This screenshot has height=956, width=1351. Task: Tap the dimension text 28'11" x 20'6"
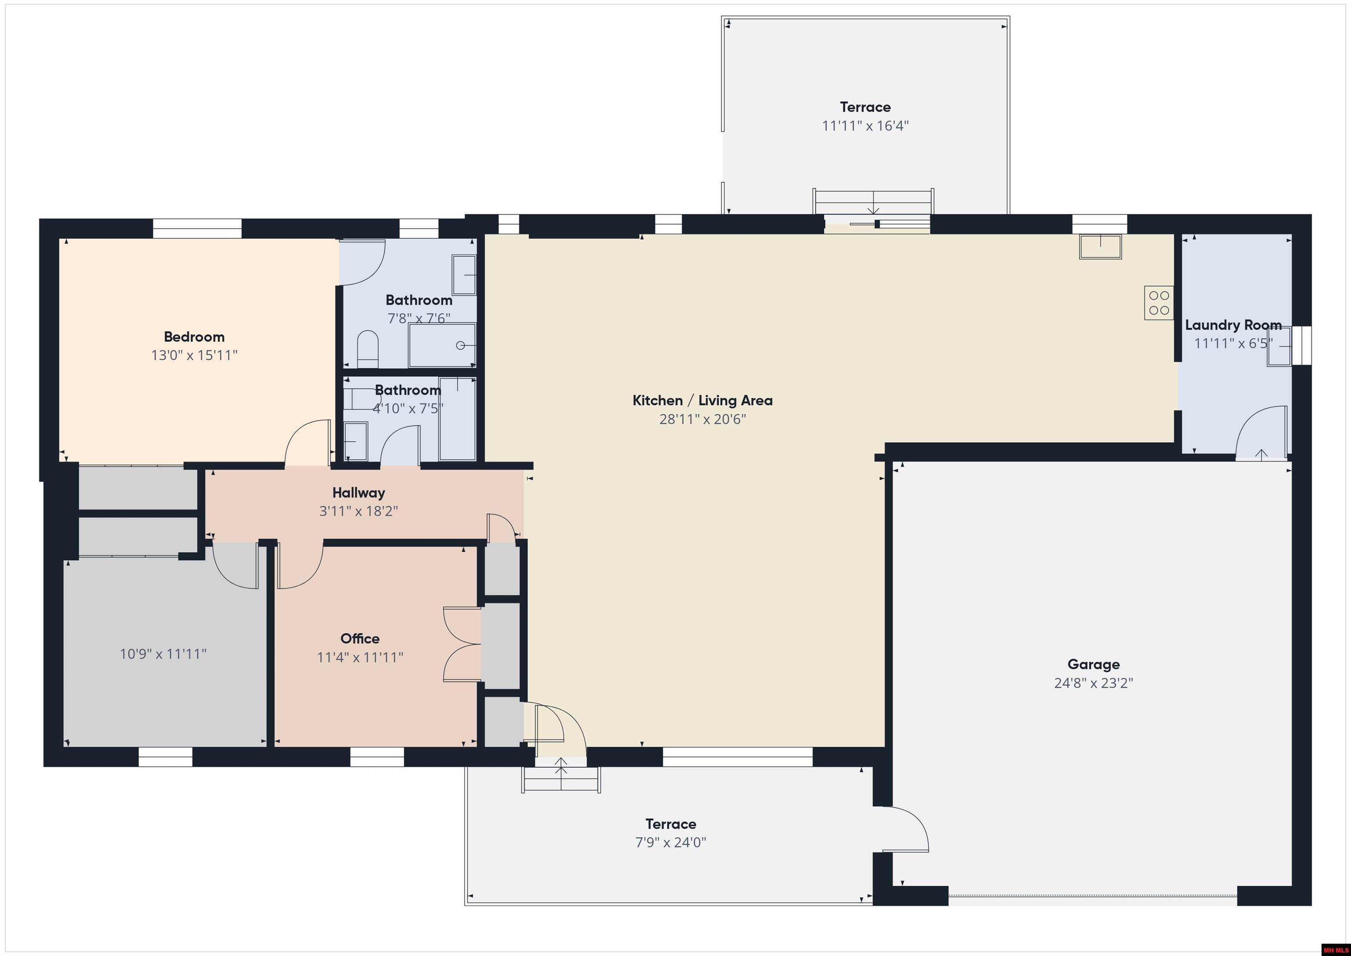tap(703, 419)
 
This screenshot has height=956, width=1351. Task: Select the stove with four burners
tap(1158, 303)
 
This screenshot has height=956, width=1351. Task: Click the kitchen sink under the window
tap(1100, 247)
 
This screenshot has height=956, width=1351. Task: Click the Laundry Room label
tap(1233, 325)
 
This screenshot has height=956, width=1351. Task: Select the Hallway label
tap(358, 493)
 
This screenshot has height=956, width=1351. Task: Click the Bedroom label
tap(194, 337)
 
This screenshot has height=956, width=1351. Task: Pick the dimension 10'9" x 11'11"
tap(163, 654)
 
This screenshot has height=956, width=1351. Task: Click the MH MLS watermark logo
tap(1335, 949)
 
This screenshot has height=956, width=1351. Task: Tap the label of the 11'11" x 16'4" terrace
tap(865, 107)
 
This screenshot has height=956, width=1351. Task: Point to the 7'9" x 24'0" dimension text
tap(671, 842)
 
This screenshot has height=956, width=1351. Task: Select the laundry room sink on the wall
tap(1279, 347)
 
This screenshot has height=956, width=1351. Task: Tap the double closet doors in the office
tap(462, 645)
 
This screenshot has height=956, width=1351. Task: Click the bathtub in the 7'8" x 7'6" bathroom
tap(442, 345)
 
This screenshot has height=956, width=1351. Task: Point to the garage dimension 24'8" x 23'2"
tap(1093, 683)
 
